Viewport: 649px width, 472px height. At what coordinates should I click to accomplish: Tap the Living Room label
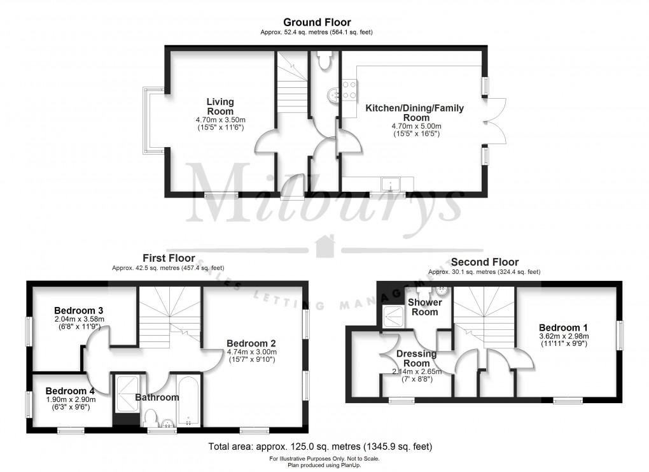[220, 106]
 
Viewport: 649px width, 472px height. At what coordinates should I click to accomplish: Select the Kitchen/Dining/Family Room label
[414, 113]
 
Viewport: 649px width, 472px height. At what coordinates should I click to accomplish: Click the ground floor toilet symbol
[324, 61]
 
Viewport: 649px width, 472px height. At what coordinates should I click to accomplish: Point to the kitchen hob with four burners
[349, 89]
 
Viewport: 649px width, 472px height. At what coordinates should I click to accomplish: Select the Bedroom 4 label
[70, 390]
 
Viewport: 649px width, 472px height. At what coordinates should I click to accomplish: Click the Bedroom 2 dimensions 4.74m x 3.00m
[251, 352]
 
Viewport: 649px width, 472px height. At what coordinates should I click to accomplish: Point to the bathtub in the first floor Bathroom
[188, 402]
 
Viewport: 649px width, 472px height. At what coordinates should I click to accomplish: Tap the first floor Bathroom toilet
[151, 418]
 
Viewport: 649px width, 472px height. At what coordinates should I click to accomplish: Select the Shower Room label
[424, 307]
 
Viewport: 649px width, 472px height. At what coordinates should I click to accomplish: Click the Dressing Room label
[416, 359]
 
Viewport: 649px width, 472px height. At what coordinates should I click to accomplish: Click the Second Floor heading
[485, 262]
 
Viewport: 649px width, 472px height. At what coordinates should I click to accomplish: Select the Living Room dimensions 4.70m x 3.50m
[220, 120]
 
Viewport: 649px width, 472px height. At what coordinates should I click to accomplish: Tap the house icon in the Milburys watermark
[325, 245]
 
